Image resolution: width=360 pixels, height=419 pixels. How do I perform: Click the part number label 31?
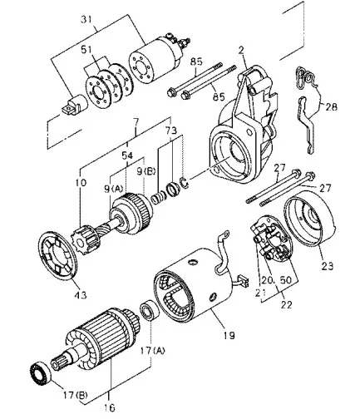click(86, 20)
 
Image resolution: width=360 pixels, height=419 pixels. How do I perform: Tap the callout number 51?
click(86, 50)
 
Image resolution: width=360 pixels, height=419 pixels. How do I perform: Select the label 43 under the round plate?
click(81, 295)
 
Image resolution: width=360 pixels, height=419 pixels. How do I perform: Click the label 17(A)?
click(152, 351)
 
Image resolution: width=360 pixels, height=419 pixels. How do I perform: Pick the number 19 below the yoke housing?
click(229, 335)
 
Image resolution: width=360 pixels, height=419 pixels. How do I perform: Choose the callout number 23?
click(328, 266)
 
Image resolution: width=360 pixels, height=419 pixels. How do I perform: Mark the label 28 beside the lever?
click(332, 106)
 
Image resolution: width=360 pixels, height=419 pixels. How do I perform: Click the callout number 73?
click(171, 131)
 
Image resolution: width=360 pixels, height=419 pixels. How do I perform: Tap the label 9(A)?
click(113, 189)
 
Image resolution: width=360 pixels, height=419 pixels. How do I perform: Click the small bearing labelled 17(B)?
click(40, 374)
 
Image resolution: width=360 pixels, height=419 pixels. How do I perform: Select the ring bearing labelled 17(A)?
click(149, 310)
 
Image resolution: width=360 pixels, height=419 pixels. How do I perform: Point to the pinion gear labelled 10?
click(85, 239)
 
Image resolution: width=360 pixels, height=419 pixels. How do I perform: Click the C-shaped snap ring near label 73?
click(184, 182)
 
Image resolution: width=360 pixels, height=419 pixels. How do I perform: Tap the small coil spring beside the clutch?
click(159, 197)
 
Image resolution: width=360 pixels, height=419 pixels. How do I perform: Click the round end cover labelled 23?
click(310, 219)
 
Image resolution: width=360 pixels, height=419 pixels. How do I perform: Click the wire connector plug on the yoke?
click(243, 280)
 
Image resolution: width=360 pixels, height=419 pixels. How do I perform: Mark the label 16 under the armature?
click(110, 407)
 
